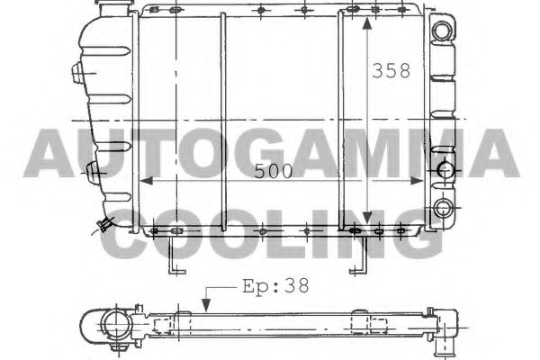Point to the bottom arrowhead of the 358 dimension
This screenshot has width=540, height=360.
pos(367,220)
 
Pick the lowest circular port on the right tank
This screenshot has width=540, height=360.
pos(442,210)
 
